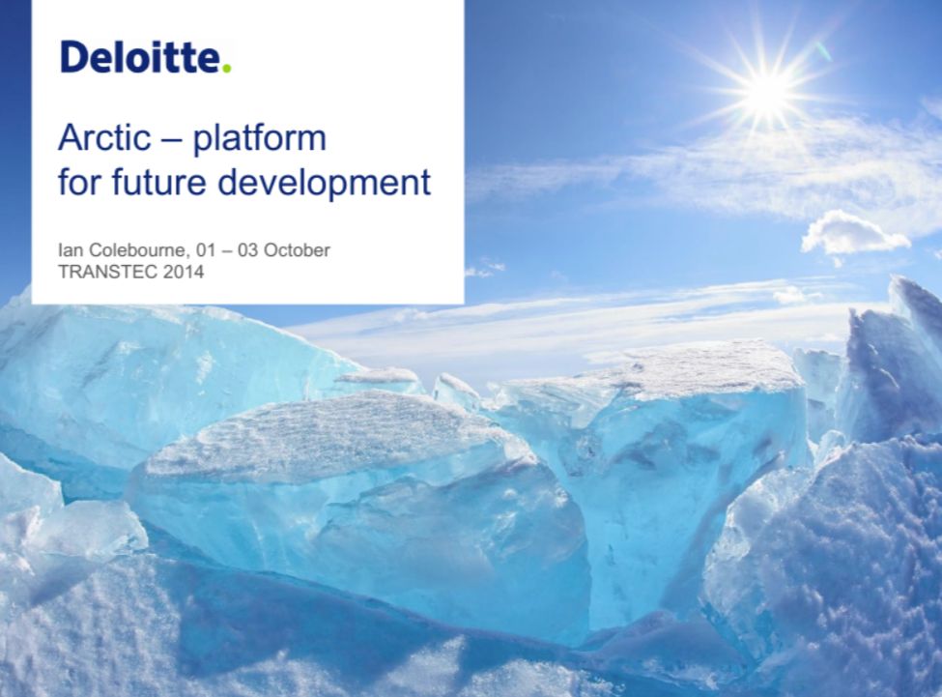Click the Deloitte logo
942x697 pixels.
pos(146,57)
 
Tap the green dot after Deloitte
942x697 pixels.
pos(226,69)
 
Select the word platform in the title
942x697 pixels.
pos(260,140)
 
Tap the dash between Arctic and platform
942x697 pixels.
pos(171,140)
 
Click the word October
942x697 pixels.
pos(297,249)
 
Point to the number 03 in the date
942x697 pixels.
pos(247,249)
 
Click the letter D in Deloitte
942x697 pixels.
pos(74,58)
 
